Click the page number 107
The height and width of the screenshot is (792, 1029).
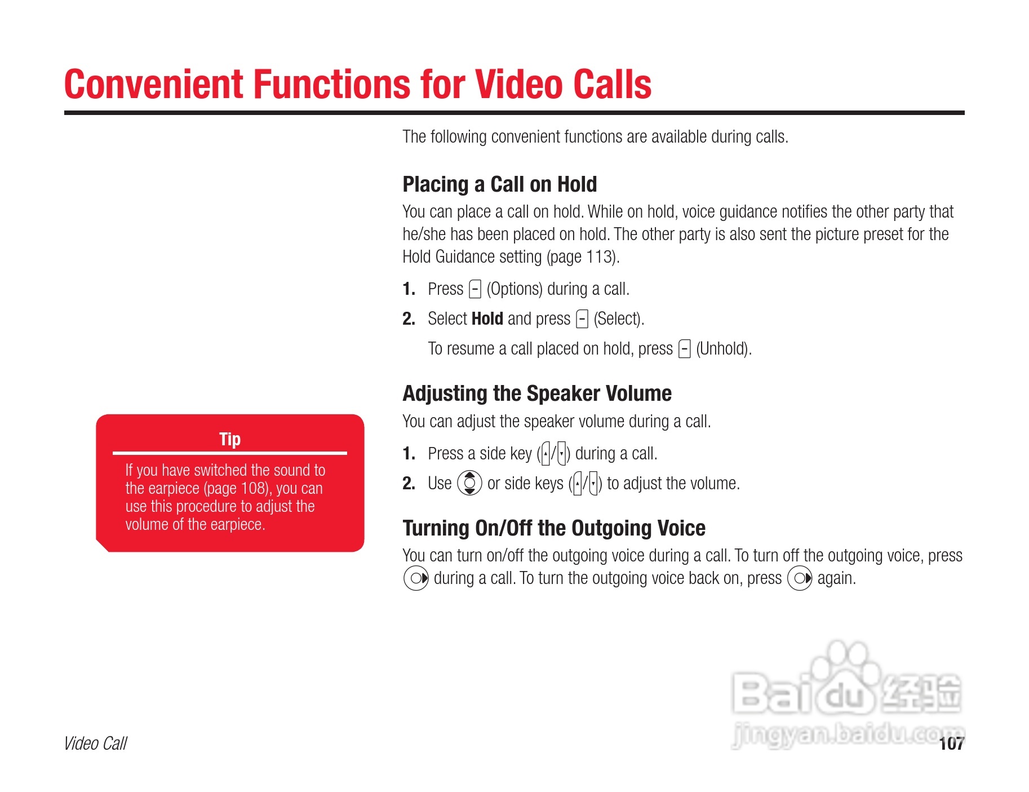pyautogui.click(x=952, y=744)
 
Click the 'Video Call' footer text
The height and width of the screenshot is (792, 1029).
pyautogui.click(x=96, y=744)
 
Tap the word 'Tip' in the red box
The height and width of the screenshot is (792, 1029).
pyautogui.click(x=230, y=439)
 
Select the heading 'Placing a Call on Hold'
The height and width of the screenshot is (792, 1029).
pyautogui.click(x=499, y=184)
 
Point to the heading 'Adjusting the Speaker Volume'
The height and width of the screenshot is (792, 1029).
pyautogui.click(x=537, y=393)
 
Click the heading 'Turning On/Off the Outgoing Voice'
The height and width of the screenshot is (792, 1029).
pyautogui.click(x=554, y=528)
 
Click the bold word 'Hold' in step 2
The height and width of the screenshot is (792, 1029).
pyautogui.click(x=487, y=318)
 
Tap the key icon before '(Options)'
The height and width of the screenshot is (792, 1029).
pyautogui.click(x=475, y=289)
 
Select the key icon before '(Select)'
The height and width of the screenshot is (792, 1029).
pyautogui.click(x=582, y=319)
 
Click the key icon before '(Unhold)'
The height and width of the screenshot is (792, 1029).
pyautogui.click(x=685, y=349)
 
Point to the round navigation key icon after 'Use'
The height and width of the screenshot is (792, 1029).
pyautogui.click(x=469, y=483)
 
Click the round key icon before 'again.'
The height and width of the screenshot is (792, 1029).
pyautogui.click(x=800, y=578)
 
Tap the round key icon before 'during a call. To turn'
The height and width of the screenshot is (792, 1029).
pyautogui.click(x=416, y=578)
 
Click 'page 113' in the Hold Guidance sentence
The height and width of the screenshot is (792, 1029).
pyautogui.click(x=582, y=257)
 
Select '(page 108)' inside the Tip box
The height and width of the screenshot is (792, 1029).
pyautogui.click(x=237, y=488)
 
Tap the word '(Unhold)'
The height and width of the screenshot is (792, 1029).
pyautogui.click(x=724, y=349)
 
